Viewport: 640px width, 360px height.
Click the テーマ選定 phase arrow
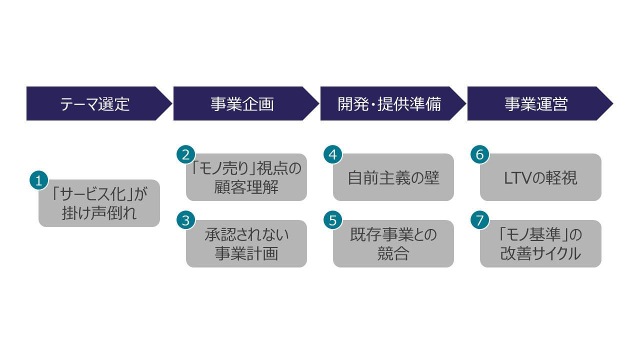pos(95,103)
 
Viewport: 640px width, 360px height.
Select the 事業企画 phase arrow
pos(242,103)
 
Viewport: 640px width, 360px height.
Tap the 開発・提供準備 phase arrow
pos(389,103)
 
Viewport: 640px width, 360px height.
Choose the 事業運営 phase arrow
pos(536,103)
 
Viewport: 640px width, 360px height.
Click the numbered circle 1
pos(39,180)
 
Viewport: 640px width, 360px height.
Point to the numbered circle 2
pos(186,154)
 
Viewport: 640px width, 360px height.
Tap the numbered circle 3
pos(186,220)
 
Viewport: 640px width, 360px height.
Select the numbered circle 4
pos(333,154)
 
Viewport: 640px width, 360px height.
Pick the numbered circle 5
pos(333,220)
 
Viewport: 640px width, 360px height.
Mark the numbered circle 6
pos(480,154)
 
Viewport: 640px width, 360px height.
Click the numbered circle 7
pos(480,220)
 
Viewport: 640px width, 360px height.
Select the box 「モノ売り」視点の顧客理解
pos(246,177)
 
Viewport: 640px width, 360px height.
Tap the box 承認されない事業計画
pos(246,244)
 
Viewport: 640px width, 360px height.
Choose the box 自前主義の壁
pos(393,177)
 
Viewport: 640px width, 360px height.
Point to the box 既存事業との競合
pos(393,244)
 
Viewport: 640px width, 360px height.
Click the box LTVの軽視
pos(540,177)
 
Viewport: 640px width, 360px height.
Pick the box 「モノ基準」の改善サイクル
pos(540,244)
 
